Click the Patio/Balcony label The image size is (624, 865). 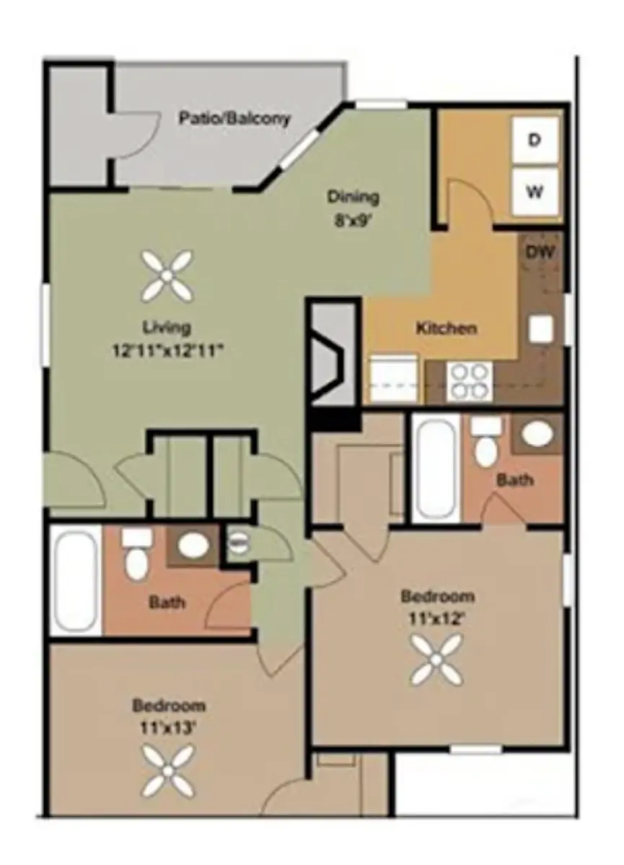click(234, 118)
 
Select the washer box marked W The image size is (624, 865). click(535, 191)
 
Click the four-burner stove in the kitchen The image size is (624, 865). click(469, 381)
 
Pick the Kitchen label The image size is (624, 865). click(447, 329)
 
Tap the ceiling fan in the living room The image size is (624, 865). click(167, 275)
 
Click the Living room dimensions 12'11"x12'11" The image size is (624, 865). click(168, 352)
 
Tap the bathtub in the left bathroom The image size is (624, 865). click(76, 581)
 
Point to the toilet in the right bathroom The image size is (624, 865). click(485, 443)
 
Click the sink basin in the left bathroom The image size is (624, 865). click(194, 545)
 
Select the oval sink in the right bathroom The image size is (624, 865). click(537, 432)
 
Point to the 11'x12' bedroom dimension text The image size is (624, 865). click(437, 618)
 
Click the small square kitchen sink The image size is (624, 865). click(540, 329)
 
